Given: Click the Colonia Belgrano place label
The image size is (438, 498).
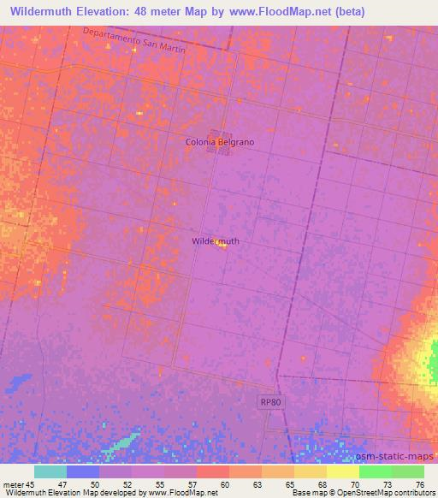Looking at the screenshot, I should click(220, 142).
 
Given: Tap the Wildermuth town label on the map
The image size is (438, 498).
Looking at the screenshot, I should click(215, 241).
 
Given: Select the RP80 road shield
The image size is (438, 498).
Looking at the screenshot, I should click(272, 400).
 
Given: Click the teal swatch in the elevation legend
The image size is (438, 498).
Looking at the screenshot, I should click(50, 471).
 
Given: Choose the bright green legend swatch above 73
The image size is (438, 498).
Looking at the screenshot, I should click(376, 471).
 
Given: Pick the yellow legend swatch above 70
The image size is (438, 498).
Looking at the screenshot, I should click(343, 471).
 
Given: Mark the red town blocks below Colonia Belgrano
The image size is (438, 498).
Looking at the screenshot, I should click(218, 150).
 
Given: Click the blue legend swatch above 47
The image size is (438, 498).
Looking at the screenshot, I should click(83, 471).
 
